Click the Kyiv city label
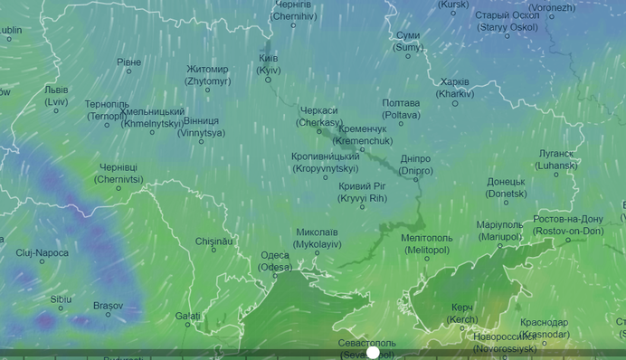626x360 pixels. pyautogui.click(x=269, y=63)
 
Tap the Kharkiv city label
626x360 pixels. pyautogui.click(x=454, y=87)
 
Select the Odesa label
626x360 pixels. pyautogui.click(x=275, y=261)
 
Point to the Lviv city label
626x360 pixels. pyautogui.click(x=56, y=96)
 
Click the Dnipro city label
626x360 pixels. pyautogui.click(x=415, y=165)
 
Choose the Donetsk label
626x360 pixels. pyautogui.click(x=506, y=187)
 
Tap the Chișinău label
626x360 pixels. pyautogui.click(x=214, y=241)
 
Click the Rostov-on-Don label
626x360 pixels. pyautogui.click(x=568, y=224)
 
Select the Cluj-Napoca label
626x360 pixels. pyautogui.click(x=42, y=252)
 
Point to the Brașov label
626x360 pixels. pyautogui.click(x=107, y=305)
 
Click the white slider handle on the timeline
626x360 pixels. pyautogui.click(x=373, y=352)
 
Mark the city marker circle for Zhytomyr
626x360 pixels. pyautogui.click(x=207, y=90)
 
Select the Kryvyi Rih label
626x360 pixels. pyautogui.click(x=362, y=191)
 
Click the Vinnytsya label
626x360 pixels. pyautogui.click(x=201, y=126)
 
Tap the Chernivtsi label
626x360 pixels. pyautogui.click(x=119, y=173)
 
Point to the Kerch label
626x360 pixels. pyautogui.click(x=463, y=313)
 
